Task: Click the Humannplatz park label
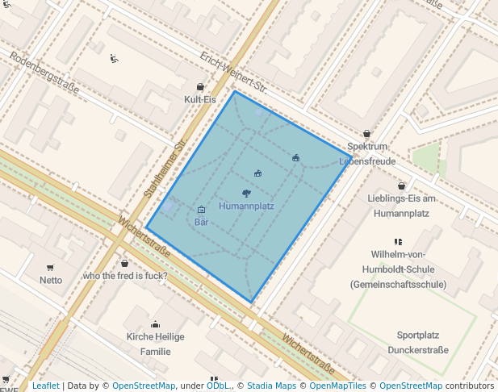246,206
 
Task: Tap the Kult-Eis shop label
200,99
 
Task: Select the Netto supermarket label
51,280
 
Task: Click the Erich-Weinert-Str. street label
234,73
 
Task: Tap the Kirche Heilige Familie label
155,344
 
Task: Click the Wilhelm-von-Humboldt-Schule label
398,269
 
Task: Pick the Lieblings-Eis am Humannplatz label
401,206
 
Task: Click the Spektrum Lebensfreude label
367,153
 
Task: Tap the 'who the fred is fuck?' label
125,276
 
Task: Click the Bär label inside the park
202,221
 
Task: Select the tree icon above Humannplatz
246,193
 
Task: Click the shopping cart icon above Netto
51,268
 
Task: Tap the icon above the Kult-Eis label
200,87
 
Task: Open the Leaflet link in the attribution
45,386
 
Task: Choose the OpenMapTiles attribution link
338,386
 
